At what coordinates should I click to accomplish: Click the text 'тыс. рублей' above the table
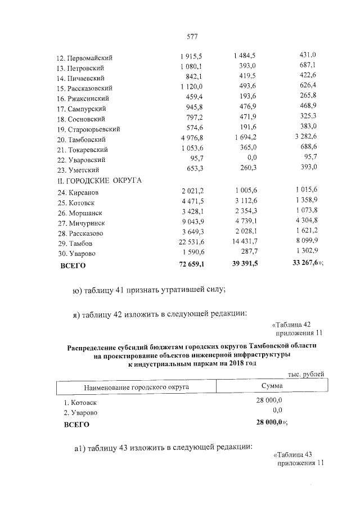306,374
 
